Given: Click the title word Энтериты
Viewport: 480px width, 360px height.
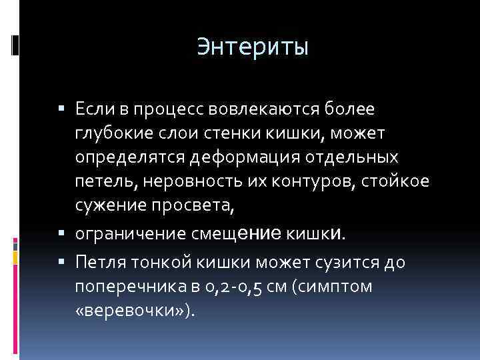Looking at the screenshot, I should click(x=253, y=47).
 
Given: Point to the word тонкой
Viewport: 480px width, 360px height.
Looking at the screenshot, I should click(x=153, y=261).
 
